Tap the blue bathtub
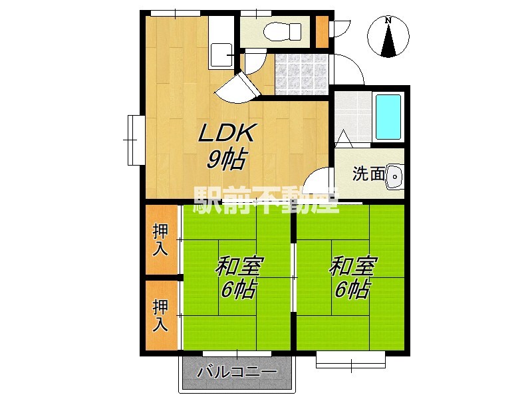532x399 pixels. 388,117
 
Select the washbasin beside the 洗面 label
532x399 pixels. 394,176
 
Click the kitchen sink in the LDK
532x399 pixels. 221,55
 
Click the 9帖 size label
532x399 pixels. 226,159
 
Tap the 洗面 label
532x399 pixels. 368,174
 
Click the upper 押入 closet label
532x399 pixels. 160,240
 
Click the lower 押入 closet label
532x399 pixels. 160,315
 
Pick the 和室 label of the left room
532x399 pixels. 239,267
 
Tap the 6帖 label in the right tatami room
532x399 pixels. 352,289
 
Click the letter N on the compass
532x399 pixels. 388,21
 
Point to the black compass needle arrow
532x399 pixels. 388,40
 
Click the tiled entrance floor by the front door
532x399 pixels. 301,74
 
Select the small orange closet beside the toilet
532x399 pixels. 322,31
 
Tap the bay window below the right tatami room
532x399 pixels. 350,360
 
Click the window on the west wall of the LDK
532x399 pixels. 136,140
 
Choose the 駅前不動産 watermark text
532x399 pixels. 266,201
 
